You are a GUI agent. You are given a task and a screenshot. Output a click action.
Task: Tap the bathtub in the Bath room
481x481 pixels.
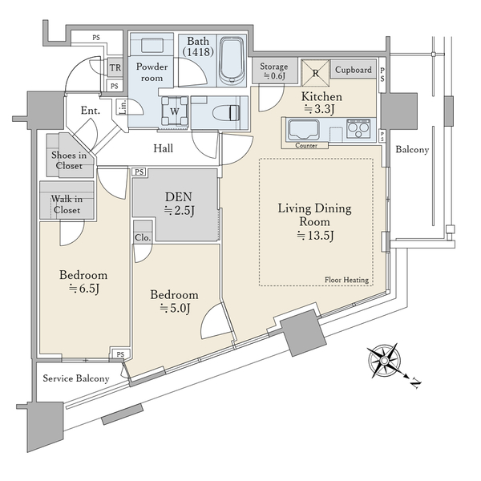[232, 60]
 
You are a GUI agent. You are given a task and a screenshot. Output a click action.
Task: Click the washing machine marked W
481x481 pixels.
[175, 111]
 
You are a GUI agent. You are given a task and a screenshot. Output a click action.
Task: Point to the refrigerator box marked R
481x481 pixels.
[315, 73]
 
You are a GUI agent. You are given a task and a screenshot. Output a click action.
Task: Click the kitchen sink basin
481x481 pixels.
[303, 129]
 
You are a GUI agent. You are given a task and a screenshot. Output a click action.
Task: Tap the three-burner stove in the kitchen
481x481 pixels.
[358, 128]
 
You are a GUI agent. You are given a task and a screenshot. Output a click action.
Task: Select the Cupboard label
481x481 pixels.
[353, 70]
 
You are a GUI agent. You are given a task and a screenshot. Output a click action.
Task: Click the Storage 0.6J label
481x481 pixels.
[274, 71]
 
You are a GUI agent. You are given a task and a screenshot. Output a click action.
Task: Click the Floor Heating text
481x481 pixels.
[346, 280]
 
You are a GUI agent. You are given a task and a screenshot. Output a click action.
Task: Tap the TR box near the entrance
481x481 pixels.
[115, 67]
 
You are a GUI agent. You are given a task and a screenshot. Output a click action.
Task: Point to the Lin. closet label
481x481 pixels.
[123, 107]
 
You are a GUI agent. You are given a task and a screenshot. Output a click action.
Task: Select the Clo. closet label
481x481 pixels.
[143, 237]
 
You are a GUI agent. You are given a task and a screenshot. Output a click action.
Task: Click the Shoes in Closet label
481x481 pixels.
[69, 160]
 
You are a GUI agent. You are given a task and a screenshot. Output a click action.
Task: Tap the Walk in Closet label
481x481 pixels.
[67, 204]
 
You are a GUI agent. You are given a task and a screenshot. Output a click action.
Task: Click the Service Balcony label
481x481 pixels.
[76, 378]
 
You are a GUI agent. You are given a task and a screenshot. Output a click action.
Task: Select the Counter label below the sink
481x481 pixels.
[306, 146]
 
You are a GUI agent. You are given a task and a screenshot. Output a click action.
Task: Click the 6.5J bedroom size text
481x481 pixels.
[84, 289]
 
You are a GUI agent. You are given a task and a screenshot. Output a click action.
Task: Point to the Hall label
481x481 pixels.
[164, 148]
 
